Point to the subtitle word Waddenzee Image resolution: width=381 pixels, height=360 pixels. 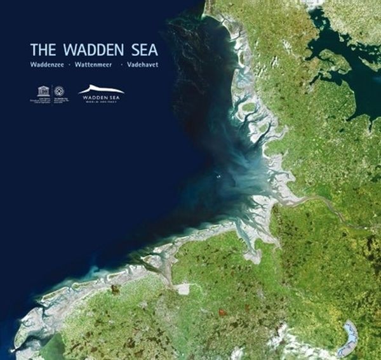(x=46, y=65)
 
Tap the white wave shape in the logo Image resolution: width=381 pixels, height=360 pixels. (x=100, y=90)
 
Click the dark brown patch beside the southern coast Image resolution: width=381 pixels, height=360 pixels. (x=116, y=291)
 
